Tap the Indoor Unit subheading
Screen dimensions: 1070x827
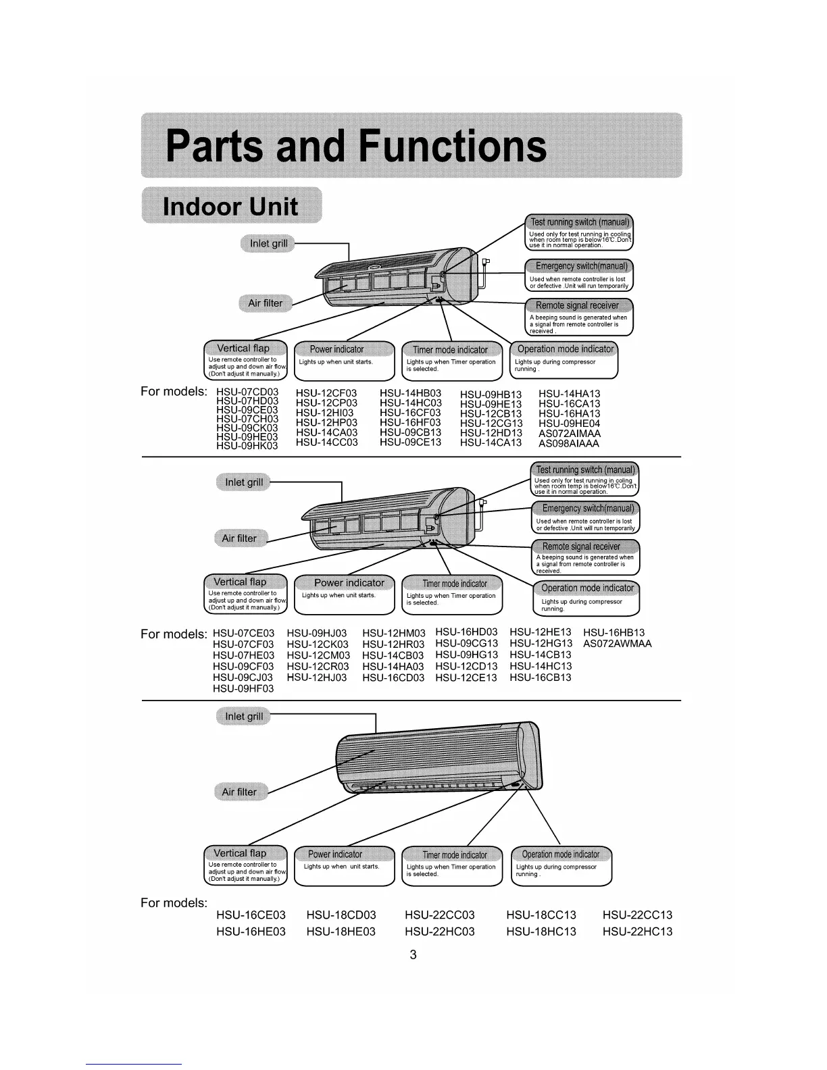pyautogui.click(x=230, y=205)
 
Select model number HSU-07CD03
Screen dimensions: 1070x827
pyautogui.click(x=247, y=392)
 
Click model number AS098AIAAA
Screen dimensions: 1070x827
pyautogui.click(x=569, y=444)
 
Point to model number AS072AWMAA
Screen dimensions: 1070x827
pyautogui.click(x=617, y=644)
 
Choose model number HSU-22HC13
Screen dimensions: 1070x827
pyautogui.click(x=637, y=932)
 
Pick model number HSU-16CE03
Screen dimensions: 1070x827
pyautogui.click(x=251, y=915)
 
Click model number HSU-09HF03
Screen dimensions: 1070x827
pyautogui.click(x=243, y=688)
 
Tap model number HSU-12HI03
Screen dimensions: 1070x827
pyautogui.click(x=324, y=413)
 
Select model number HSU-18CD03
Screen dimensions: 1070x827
pyautogui.click(x=341, y=915)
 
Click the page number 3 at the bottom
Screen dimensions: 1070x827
pyautogui.click(x=413, y=955)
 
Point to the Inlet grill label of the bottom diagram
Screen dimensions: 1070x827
pyautogui.click(x=243, y=717)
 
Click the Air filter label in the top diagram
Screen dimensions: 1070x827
pyautogui.click(x=266, y=303)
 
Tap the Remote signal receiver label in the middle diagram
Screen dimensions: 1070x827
pyautogui.click(x=581, y=546)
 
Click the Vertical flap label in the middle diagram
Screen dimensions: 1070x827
pyautogui.click(x=240, y=582)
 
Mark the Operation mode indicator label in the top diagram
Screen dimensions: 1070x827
pyautogui.click(x=566, y=349)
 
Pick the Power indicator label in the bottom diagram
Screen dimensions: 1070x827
pyautogui.click(x=335, y=855)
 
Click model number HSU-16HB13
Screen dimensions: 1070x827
pyautogui.click(x=613, y=633)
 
